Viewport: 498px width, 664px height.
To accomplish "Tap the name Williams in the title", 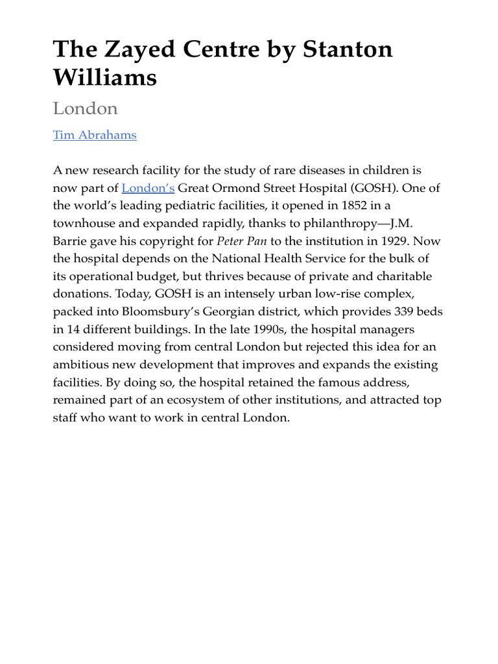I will point(105,77).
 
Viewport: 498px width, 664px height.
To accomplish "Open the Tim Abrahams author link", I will point(95,135).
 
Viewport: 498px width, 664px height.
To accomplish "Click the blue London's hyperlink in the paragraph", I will point(148,188).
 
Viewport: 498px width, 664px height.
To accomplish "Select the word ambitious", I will point(82,364).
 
